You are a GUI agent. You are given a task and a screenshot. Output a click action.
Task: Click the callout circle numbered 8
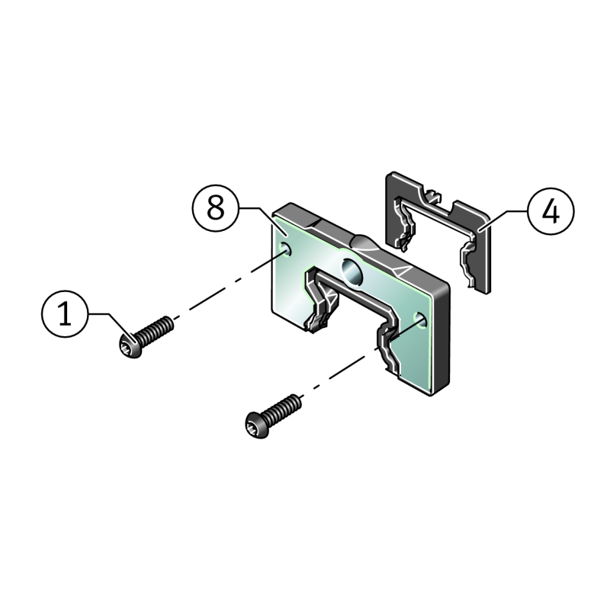[215, 207]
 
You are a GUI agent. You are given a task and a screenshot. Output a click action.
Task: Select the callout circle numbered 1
[65, 313]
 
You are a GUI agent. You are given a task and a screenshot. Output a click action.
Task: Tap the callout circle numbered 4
[551, 211]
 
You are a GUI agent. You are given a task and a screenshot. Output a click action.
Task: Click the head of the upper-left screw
[130, 345]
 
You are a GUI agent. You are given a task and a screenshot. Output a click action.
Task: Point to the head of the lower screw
[257, 425]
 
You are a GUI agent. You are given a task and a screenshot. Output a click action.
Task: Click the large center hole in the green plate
[352, 271]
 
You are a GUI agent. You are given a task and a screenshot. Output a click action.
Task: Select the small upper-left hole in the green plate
[286, 249]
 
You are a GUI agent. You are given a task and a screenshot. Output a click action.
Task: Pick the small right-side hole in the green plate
[420, 319]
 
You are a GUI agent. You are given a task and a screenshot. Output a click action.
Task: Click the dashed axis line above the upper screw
[230, 284]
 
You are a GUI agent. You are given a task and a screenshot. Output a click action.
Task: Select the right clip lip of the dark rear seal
[468, 265]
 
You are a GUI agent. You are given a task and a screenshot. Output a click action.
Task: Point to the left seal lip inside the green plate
[321, 300]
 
